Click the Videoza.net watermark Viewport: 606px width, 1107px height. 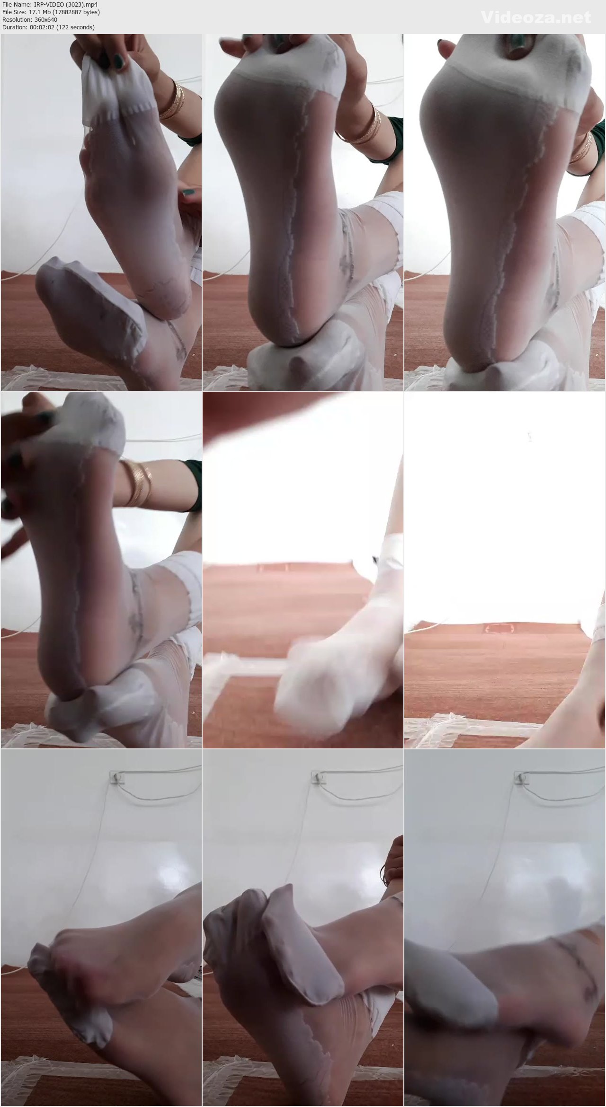click(536, 18)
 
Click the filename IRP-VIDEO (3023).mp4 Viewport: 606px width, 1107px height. click(66, 5)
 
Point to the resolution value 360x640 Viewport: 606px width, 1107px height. click(46, 20)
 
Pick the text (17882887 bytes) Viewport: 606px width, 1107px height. click(77, 12)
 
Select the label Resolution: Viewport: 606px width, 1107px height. click(18, 20)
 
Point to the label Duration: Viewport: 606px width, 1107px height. click(16, 27)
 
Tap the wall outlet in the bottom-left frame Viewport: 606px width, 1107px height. click(116, 777)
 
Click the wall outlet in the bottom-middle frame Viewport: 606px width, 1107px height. click(318, 777)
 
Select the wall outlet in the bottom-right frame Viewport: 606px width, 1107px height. click(520, 777)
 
